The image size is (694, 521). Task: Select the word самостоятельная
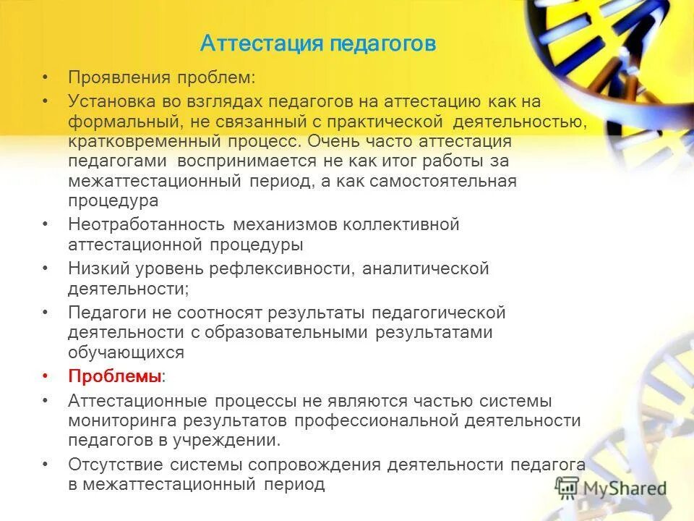443,181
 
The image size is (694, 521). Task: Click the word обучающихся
127,353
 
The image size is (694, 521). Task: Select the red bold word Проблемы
114,377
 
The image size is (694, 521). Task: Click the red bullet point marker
46,377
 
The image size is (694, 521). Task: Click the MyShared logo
611,488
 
